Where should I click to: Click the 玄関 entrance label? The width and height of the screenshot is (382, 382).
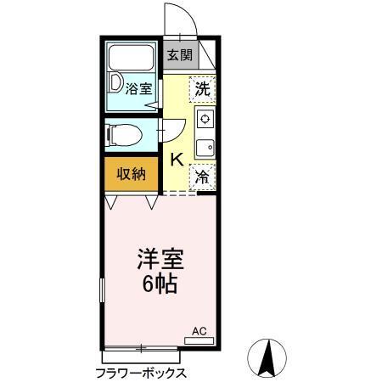[178, 56]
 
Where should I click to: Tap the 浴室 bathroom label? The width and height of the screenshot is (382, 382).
[138, 87]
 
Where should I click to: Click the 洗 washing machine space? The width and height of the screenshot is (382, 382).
[202, 87]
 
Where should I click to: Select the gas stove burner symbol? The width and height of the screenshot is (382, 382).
[204, 119]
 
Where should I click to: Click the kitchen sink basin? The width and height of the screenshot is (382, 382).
[204, 148]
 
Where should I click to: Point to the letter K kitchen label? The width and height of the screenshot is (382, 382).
[177, 159]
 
